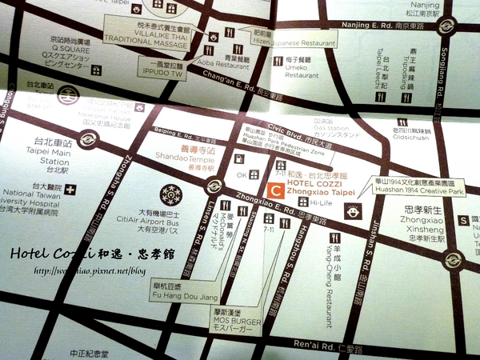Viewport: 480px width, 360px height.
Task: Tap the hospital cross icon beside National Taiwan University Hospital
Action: pyautogui.click(x=71, y=190)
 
